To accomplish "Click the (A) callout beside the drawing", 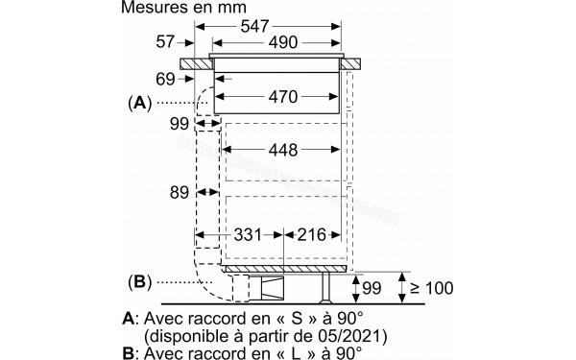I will (138, 102).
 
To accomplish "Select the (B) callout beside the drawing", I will (138, 282).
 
